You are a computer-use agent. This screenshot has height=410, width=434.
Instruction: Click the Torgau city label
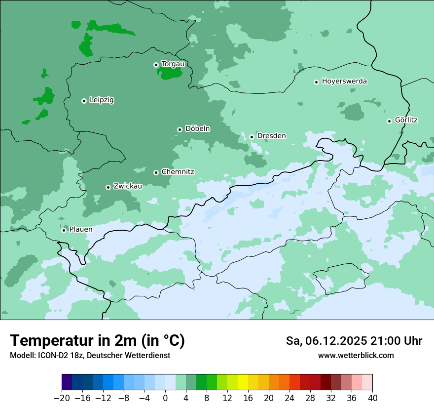click(x=173, y=64)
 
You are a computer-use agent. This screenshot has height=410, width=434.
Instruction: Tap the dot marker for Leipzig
click(x=84, y=101)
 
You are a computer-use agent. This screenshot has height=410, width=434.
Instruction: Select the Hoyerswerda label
click(x=344, y=82)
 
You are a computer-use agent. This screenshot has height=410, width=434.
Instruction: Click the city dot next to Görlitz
click(x=389, y=121)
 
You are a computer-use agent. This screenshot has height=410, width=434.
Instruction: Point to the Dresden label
click(x=271, y=136)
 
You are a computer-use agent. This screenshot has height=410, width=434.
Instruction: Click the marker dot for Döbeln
click(x=180, y=129)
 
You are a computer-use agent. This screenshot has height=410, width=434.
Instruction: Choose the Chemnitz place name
click(x=178, y=172)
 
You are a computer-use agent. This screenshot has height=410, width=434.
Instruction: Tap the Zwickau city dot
click(x=108, y=187)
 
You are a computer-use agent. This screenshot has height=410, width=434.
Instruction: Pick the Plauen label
click(x=81, y=230)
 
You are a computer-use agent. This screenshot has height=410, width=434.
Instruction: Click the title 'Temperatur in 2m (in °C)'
click(x=97, y=341)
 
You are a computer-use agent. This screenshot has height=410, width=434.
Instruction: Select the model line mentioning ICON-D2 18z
click(x=90, y=356)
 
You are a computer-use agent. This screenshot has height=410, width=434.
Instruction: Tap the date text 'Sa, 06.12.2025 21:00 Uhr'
click(x=354, y=341)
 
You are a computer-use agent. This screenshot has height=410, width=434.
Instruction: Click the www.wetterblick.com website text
click(x=356, y=356)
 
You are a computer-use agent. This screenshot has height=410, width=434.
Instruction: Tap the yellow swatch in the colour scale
click(x=243, y=382)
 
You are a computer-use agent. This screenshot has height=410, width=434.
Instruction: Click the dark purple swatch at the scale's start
click(x=67, y=382)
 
